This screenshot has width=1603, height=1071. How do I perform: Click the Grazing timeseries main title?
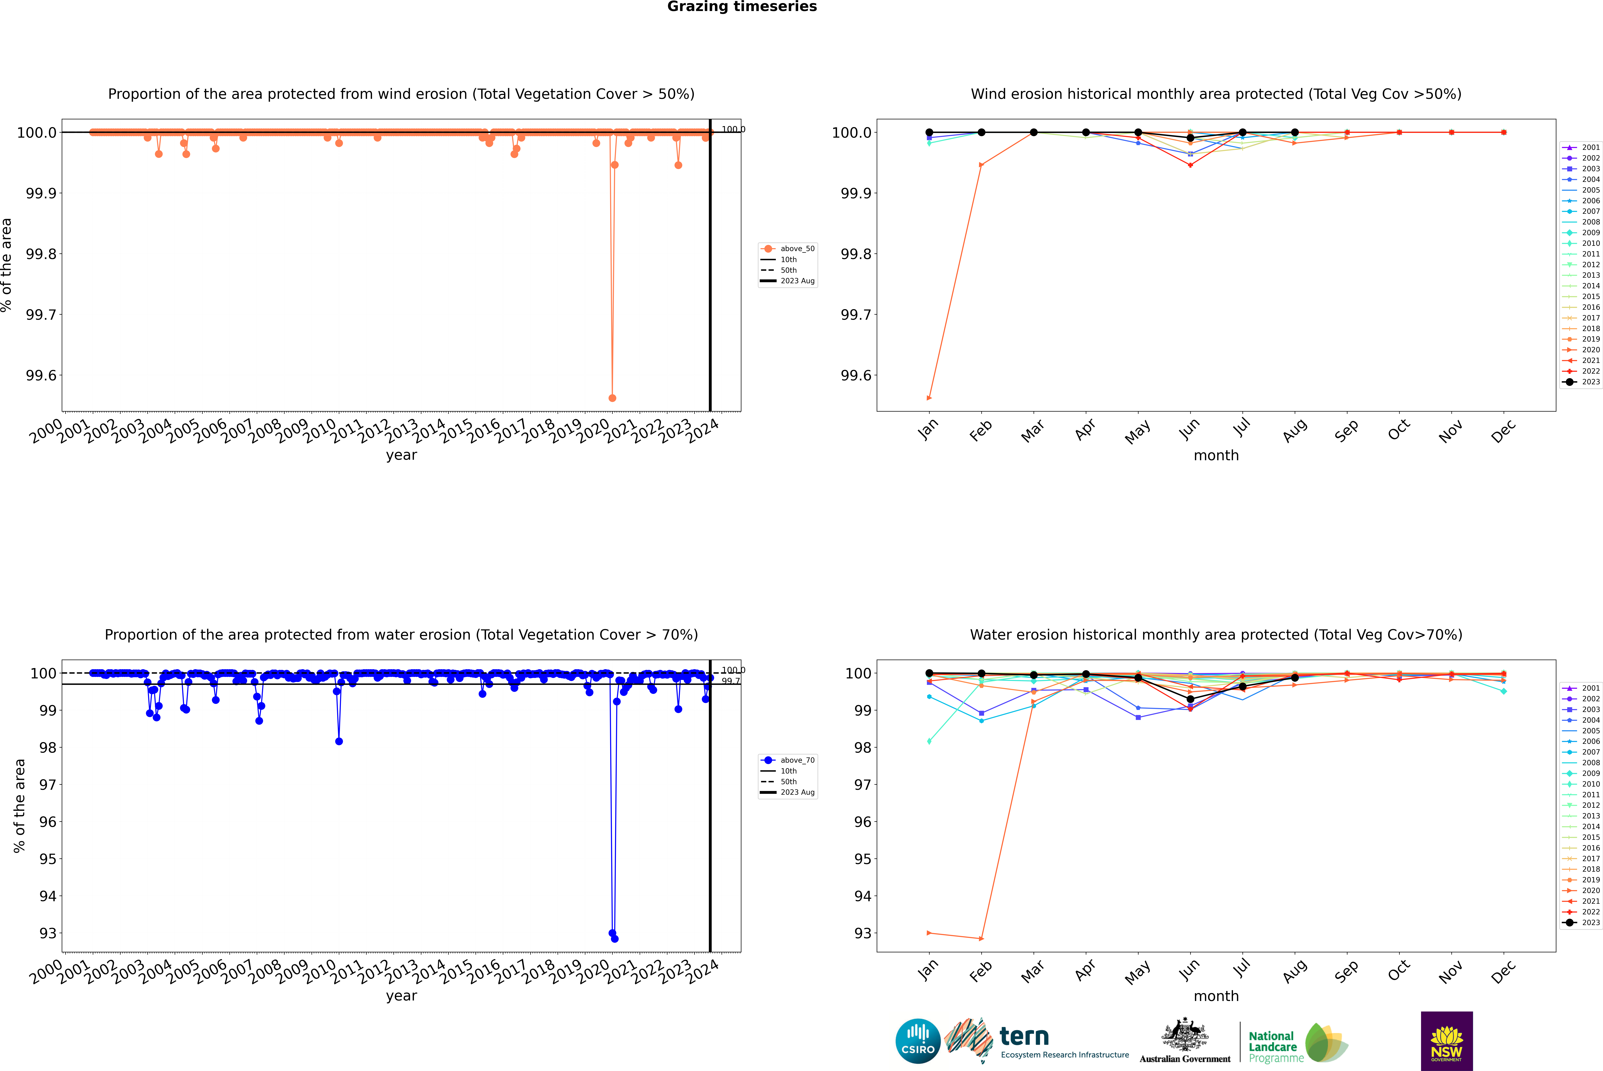742,7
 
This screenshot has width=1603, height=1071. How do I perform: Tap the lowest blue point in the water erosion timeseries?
614,938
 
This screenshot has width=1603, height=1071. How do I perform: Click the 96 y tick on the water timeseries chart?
48,822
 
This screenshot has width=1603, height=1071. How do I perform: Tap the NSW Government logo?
1446,1041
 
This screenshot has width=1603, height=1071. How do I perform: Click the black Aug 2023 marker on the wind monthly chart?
1295,133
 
